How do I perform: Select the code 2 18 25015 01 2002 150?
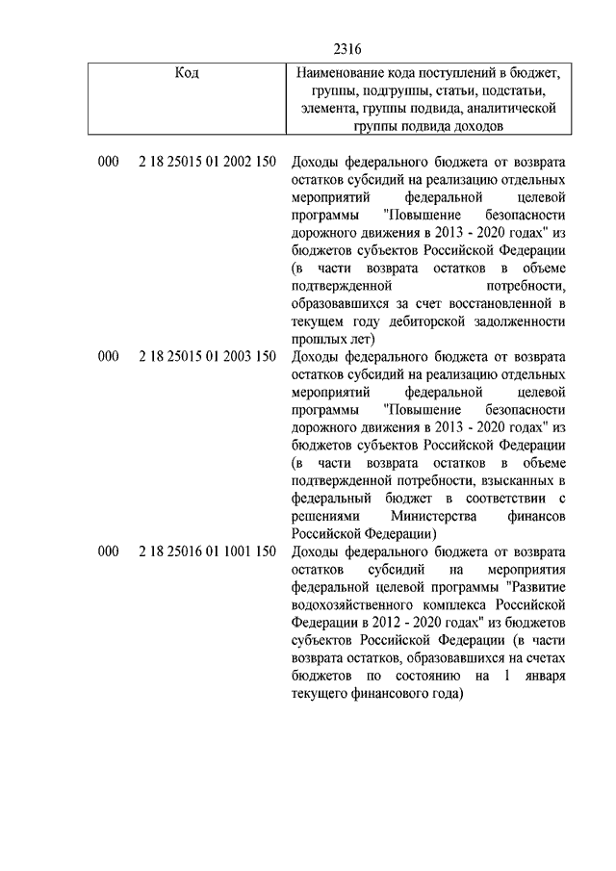207,163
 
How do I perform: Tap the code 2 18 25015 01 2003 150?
207,357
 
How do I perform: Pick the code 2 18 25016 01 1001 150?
207,551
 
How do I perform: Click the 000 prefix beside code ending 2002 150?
108,163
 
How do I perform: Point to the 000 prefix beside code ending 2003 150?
108,357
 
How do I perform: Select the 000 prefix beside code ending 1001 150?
108,551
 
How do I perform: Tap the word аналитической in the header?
510,108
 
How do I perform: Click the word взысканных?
521,480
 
